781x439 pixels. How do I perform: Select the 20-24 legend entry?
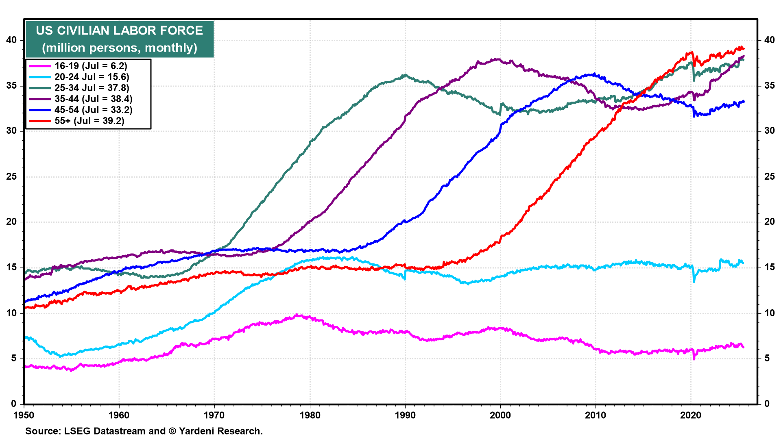[x=92, y=77]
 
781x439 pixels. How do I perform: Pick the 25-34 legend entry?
[x=92, y=88]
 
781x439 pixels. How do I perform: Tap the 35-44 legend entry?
[x=93, y=99]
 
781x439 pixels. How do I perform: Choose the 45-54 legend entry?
[x=93, y=110]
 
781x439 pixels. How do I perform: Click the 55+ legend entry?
[x=89, y=121]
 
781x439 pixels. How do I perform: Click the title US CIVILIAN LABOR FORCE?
[x=119, y=30]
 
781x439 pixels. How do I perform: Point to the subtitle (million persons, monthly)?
[x=119, y=48]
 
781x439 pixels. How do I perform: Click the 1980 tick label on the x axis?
[x=310, y=415]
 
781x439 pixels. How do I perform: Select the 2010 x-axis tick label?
[x=595, y=415]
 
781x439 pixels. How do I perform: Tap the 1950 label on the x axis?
[x=24, y=415]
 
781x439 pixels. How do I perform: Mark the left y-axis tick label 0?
[x=14, y=404]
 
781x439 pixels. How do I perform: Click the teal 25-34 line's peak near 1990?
[x=405, y=75]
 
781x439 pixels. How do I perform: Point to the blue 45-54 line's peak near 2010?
[x=594, y=74]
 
